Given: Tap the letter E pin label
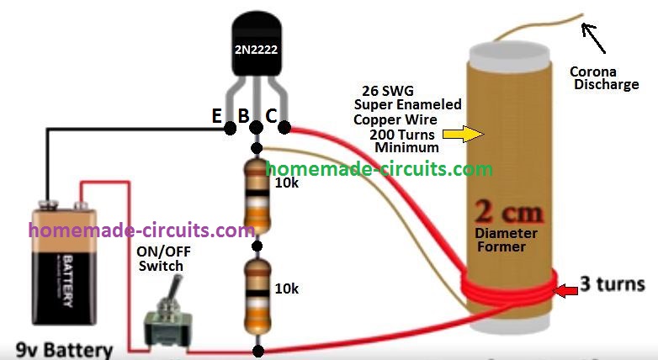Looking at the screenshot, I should pyautogui.click(x=217, y=117).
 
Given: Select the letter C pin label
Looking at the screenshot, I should pyautogui.click(x=271, y=117).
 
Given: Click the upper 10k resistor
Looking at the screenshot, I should pyautogui.click(x=257, y=198).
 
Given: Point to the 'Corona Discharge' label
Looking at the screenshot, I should pyautogui.click(x=598, y=77).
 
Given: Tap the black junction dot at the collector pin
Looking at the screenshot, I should pyautogui.click(x=284, y=128).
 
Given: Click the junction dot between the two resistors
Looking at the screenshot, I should pyautogui.click(x=257, y=249).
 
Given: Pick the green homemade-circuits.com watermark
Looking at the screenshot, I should pyautogui.click(x=379, y=169).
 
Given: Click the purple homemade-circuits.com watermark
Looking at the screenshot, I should pyautogui.click(x=141, y=230).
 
